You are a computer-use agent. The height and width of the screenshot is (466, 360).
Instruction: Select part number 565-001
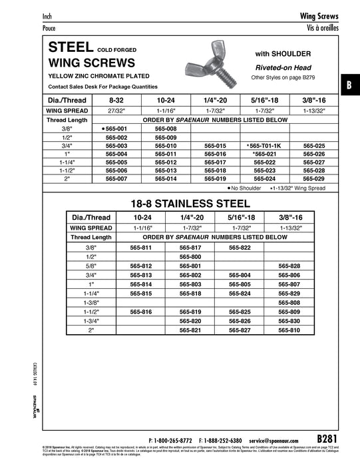121,128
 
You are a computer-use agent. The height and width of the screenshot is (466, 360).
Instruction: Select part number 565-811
140,247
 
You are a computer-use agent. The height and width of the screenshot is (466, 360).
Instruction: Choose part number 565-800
190,256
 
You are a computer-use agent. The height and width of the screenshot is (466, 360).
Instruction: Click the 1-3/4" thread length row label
90,321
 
